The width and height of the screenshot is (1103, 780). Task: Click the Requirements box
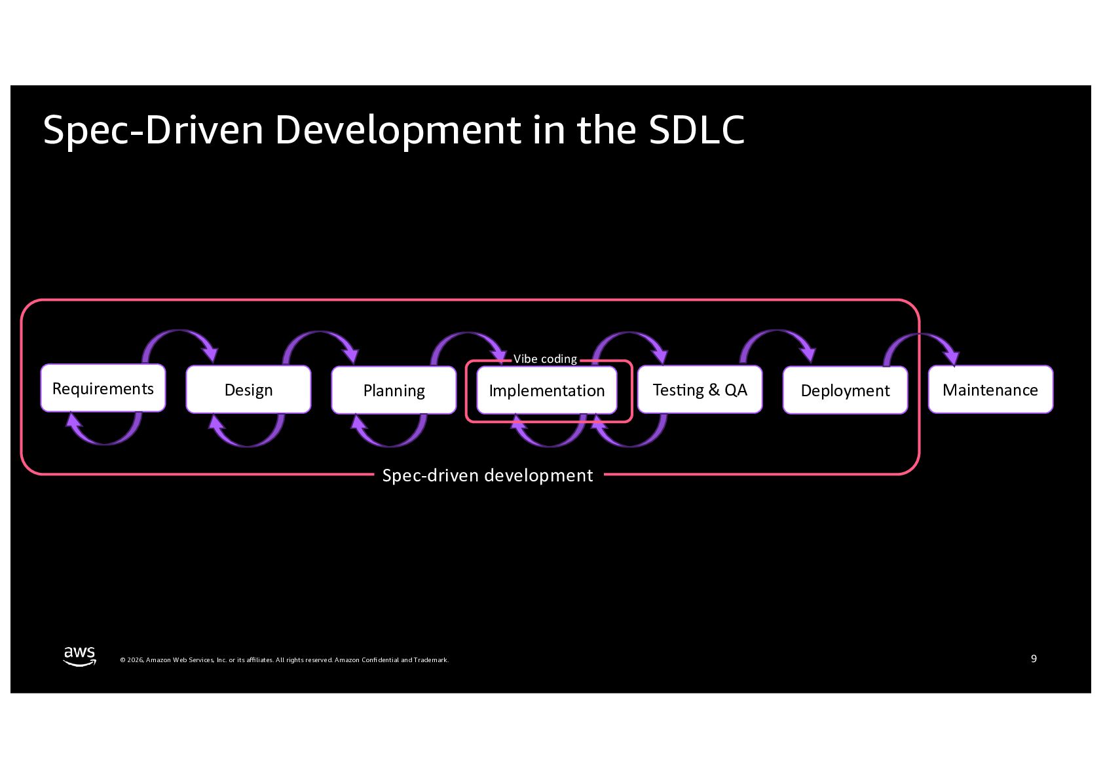pos(103,388)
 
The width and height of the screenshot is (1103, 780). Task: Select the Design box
pos(248,390)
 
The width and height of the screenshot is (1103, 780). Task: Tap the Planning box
pos(394,390)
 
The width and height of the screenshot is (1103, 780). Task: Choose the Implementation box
pos(547,390)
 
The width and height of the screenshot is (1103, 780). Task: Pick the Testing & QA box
pos(700,390)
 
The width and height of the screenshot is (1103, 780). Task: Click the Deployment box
pos(845,390)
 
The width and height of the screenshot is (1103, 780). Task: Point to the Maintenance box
pos(990,390)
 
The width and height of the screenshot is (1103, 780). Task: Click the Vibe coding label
pos(545,359)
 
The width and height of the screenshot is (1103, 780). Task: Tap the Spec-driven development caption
pos(487,475)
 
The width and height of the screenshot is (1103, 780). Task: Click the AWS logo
pos(79,656)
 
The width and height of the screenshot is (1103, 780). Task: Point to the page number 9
pos(1034,658)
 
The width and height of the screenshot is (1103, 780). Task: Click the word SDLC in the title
pos(696,130)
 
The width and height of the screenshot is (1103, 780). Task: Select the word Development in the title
pos(398,130)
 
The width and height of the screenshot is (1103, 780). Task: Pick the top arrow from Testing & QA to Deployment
pos(778,335)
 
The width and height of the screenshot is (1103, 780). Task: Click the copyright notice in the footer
pos(284,660)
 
